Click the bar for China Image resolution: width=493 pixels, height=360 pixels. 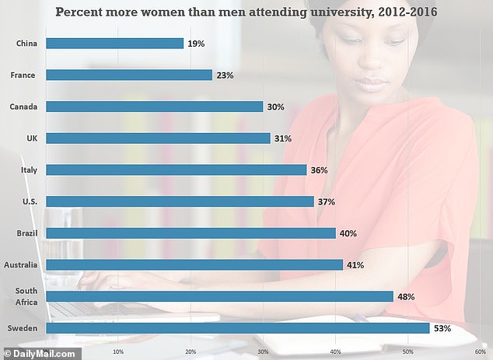pos(114,44)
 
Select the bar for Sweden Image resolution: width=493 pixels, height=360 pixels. pos(237,328)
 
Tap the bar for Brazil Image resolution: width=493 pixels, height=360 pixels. pos(191,233)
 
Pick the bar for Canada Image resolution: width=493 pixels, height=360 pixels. pos(154,107)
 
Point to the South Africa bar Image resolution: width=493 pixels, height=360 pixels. pos(219,296)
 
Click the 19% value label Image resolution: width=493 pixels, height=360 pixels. pos(196,44)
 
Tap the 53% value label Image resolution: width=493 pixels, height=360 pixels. pos(442,328)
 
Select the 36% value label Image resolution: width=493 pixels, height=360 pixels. pos(319,170)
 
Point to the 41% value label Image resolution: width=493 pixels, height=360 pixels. pos(355,265)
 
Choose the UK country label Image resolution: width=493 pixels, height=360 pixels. pos(31,138)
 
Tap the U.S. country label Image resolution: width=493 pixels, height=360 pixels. pos(30,201)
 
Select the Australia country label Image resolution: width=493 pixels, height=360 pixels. pos(23,265)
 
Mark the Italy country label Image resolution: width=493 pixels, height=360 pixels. pos(29,170)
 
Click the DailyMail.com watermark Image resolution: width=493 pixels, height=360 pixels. pos(40,354)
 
